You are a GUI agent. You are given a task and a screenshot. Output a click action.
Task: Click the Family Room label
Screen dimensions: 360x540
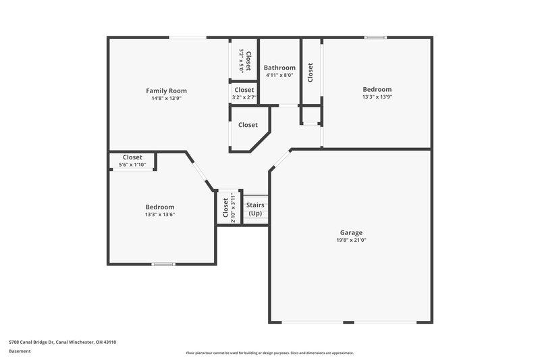pos(167,91)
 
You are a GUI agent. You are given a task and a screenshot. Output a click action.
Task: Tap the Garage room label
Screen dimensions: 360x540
pos(351,232)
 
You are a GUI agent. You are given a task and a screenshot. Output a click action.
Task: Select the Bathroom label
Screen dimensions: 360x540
pos(279,68)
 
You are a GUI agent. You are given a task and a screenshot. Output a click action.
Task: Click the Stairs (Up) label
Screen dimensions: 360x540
pos(255,209)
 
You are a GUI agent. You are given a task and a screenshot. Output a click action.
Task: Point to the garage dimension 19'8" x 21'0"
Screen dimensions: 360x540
pos(351,240)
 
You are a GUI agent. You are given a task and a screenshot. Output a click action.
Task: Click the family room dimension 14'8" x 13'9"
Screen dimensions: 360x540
pos(167,99)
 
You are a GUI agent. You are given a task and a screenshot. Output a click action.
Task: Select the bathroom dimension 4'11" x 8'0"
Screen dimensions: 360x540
pos(279,76)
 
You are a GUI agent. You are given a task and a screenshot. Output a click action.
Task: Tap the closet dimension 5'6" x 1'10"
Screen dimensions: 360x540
pos(132,165)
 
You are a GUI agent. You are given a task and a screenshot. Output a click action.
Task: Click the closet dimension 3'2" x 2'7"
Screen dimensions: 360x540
pos(244,98)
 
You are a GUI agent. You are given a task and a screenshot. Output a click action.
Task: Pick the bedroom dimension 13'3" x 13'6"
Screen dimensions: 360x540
pos(160,215)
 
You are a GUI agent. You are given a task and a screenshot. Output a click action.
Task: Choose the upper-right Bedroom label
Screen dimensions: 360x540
pos(377,89)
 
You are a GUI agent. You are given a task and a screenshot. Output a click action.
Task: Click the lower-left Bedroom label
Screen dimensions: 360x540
pos(160,207)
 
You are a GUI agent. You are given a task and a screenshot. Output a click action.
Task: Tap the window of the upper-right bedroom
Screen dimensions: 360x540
pos(375,37)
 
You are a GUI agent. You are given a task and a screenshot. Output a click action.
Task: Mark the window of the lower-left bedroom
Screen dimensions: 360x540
pos(162,264)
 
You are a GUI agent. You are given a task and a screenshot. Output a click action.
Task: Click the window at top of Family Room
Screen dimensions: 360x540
pos(188,37)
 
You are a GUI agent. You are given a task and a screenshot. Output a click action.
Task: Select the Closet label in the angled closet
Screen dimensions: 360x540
pos(248,125)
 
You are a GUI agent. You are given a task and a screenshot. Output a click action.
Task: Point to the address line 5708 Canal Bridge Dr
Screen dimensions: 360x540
pos(63,342)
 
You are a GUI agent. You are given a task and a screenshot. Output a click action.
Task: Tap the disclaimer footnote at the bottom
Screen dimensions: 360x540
pos(270,353)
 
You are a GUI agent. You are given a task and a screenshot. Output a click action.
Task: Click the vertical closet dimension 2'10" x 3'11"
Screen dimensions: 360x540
pos(233,207)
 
